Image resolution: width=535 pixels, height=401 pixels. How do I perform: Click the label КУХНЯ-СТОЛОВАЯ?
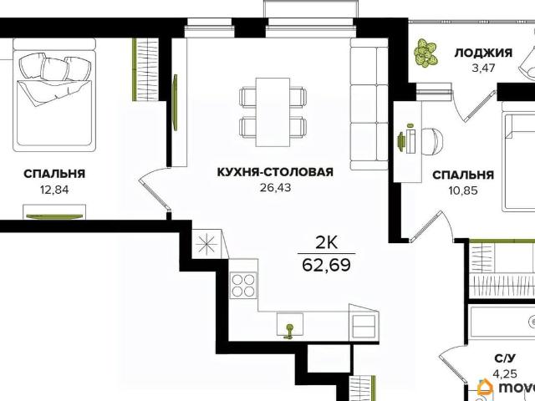click(263, 173)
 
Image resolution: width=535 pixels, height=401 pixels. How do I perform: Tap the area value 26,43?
click(263, 187)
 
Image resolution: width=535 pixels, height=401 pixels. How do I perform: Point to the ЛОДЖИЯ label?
click(483, 53)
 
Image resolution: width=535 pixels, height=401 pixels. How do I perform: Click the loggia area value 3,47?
click(483, 68)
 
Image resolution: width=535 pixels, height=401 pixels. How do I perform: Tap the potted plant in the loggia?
click(427, 53)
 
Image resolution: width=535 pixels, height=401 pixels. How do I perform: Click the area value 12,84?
click(53, 188)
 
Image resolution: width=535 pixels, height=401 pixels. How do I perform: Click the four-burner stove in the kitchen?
click(244, 287)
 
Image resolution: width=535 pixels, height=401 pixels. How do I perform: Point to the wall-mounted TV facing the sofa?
click(176, 101)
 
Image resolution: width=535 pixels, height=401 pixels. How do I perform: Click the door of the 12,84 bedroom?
click(154, 191)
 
